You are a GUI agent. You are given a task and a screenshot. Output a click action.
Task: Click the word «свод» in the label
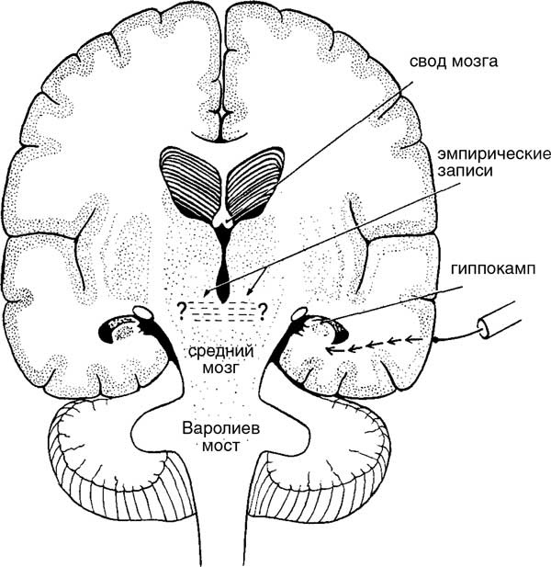pos(428,62)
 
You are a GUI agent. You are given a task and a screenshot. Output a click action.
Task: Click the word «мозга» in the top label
pos(475,62)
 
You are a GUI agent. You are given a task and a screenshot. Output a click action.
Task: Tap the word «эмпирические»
pos(494,154)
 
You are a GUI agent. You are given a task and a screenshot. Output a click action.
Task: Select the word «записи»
pos(466,171)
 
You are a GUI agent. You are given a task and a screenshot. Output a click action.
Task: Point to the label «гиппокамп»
pos(493,269)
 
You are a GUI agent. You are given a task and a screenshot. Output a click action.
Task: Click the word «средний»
pos(220,351)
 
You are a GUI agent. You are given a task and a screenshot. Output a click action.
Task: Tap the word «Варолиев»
pos(221,429)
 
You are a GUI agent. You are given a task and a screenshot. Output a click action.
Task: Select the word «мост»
pos(220,446)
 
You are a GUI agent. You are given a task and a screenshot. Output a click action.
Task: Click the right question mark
pos(263,310)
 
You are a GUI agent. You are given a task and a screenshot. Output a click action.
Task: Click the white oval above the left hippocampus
pos(144,312)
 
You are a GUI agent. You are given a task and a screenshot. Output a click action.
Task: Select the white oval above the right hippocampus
pos(299,313)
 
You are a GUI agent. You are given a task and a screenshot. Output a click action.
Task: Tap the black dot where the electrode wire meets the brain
pos(436,340)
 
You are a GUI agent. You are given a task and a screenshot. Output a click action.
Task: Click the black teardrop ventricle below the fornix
pos(224,275)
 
